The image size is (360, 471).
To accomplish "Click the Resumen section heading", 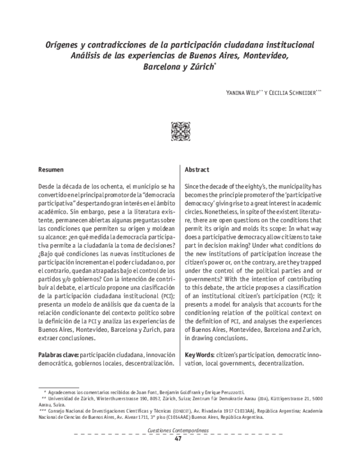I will coord(51,170).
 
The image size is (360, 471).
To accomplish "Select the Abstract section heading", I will coord(197,170).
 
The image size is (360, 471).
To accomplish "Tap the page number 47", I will coord(178,439).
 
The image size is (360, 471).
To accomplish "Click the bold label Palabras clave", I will coord(58,355).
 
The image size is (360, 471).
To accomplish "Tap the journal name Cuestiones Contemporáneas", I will coord(178,431).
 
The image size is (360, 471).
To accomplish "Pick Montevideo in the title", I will coord(260,56).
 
